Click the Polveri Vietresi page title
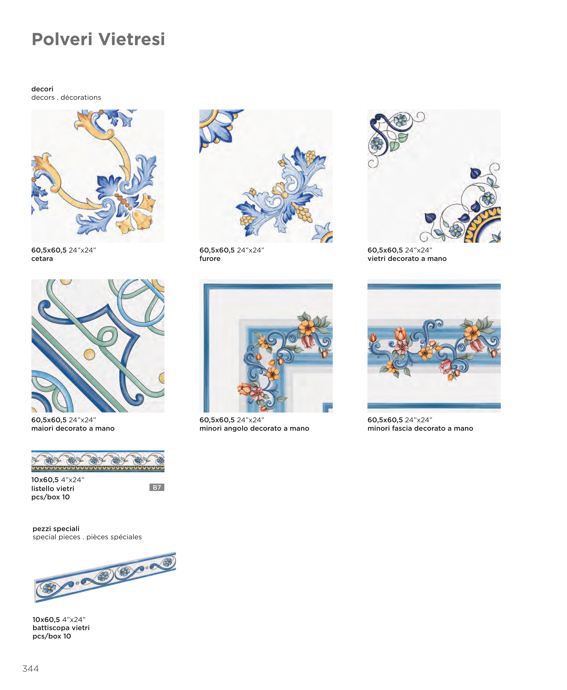98,39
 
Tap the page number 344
30,668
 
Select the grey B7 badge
157,487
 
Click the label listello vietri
53,489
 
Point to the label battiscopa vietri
61,628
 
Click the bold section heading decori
42,89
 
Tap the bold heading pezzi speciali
56,529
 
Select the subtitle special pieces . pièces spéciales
87,537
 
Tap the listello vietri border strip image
98,461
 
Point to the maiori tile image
98,346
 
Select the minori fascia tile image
434,346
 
